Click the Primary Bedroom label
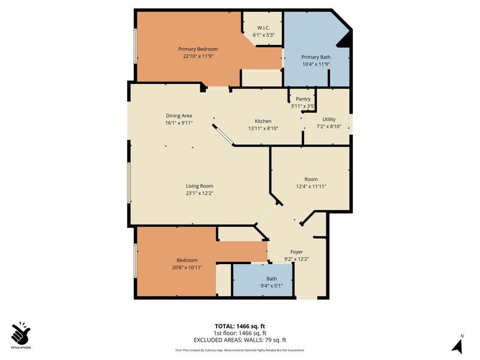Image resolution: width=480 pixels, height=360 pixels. [x=197, y=49]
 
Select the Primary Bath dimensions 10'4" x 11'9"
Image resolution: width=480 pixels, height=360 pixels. [x=316, y=64]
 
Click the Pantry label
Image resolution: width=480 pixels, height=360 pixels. [x=303, y=99]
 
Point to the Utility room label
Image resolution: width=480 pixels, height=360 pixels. [x=328, y=119]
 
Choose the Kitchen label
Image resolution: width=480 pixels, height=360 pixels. [x=263, y=121]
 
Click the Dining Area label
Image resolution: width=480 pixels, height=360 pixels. [x=179, y=115]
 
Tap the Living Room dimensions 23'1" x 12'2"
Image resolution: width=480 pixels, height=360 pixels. [x=199, y=193]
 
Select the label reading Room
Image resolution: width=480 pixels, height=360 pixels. [x=311, y=179]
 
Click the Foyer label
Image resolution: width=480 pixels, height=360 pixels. [x=296, y=251]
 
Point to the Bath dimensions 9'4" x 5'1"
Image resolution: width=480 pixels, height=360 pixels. [x=272, y=286]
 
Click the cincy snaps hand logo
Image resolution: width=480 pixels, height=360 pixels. [x=20, y=332]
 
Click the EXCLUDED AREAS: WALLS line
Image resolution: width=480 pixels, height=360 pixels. [x=240, y=340]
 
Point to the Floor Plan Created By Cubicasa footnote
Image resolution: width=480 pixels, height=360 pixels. [x=240, y=350]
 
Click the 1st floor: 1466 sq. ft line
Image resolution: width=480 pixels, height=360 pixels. [x=240, y=333]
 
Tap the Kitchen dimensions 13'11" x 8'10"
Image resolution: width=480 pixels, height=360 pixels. [x=263, y=128]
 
